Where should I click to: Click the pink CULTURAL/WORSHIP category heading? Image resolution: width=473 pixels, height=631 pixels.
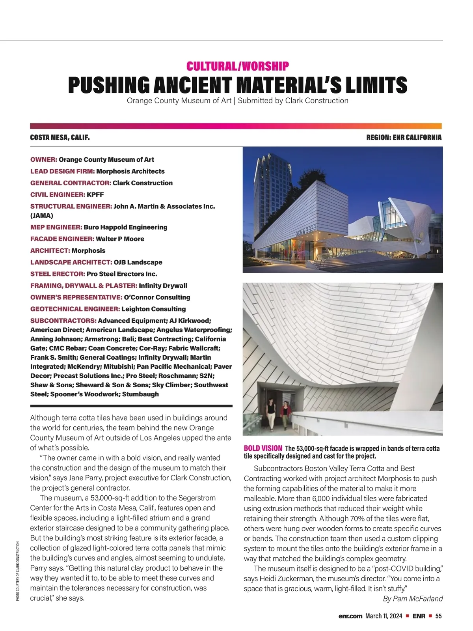point(238,66)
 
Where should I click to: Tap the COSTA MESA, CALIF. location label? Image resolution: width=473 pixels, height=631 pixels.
point(60,138)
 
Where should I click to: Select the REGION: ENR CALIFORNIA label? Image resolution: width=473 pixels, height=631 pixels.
point(404,138)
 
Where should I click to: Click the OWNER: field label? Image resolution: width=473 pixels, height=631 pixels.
point(44,160)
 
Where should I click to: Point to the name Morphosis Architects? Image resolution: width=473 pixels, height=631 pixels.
point(130,171)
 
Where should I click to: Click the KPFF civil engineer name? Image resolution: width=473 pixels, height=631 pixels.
point(95,194)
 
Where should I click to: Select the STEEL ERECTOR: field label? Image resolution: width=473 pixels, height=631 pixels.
point(58,274)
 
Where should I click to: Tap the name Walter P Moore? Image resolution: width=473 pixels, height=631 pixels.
point(120,239)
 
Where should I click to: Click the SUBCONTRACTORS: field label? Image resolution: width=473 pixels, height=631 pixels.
point(63,321)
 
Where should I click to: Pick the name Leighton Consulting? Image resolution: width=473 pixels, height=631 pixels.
point(154,309)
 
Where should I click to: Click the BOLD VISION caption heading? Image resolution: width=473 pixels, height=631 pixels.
point(263,448)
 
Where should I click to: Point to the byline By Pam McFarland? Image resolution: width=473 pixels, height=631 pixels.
point(413,599)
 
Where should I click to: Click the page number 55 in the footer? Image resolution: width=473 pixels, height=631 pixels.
point(439,616)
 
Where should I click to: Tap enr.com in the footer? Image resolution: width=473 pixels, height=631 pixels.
point(350,616)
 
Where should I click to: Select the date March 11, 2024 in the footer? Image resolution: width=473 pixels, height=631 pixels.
point(384,616)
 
